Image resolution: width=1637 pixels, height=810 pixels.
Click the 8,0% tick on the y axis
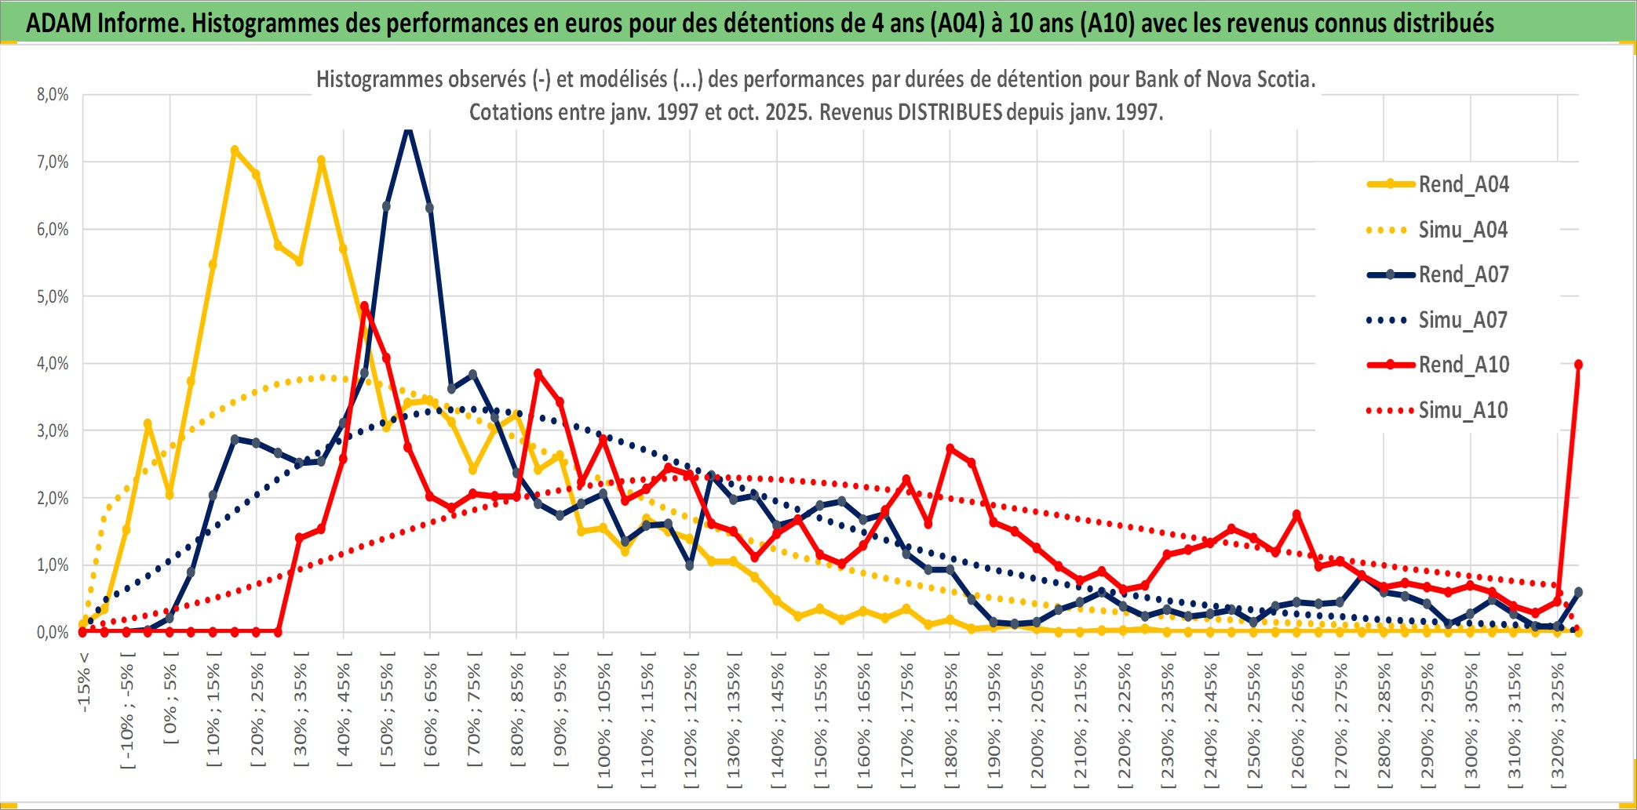pyautogui.click(x=53, y=95)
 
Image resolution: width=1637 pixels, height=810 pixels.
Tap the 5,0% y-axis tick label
pyautogui.click(x=53, y=296)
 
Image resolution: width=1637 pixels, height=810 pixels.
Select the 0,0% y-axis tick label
pyautogui.click(x=53, y=632)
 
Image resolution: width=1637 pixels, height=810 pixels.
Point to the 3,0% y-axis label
pyautogui.click(x=53, y=430)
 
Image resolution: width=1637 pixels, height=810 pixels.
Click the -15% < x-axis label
pyautogui.click(x=84, y=682)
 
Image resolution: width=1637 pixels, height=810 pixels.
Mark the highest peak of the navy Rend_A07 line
pyautogui.click(x=408, y=129)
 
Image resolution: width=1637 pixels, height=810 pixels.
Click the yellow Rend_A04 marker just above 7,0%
pyautogui.click(x=235, y=149)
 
